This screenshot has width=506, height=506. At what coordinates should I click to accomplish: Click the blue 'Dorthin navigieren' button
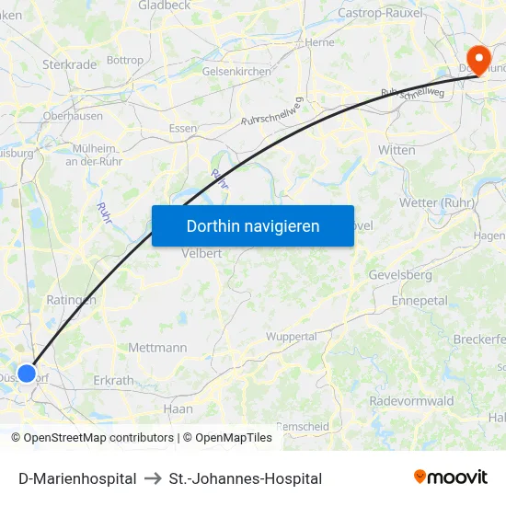(252, 225)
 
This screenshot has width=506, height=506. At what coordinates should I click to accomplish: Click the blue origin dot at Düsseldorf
(27, 374)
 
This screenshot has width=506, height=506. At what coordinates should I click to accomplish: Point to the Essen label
(183, 128)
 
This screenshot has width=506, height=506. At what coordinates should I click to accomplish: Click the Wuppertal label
(291, 337)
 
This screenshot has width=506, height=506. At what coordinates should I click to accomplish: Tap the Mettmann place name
(157, 348)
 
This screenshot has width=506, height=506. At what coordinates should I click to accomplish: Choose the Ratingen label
(71, 300)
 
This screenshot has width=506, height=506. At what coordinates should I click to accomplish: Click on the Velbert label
(203, 253)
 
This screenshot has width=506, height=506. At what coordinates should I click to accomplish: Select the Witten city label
(397, 149)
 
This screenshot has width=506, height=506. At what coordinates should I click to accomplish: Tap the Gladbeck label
(164, 6)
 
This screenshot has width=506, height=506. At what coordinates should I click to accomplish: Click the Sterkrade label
(69, 64)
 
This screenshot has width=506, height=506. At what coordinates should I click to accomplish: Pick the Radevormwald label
(411, 401)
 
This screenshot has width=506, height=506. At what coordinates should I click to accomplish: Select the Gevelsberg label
(399, 275)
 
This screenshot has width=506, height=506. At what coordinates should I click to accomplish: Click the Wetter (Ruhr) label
(436, 202)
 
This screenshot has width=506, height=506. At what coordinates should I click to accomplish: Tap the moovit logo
(451, 477)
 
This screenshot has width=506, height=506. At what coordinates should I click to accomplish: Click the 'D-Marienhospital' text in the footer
(77, 478)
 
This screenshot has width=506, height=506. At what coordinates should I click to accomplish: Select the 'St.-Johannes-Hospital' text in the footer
(246, 478)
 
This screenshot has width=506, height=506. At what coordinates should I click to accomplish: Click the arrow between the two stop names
(153, 478)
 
